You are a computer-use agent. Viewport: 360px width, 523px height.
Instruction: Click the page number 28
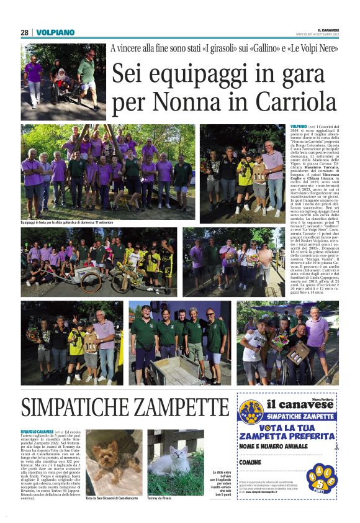click(x=24, y=32)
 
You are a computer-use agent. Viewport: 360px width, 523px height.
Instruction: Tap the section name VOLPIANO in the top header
click(x=55, y=32)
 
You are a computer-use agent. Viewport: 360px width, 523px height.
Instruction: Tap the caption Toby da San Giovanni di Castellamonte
click(x=112, y=498)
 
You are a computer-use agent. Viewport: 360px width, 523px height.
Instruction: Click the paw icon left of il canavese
click(x=250, y=410)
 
